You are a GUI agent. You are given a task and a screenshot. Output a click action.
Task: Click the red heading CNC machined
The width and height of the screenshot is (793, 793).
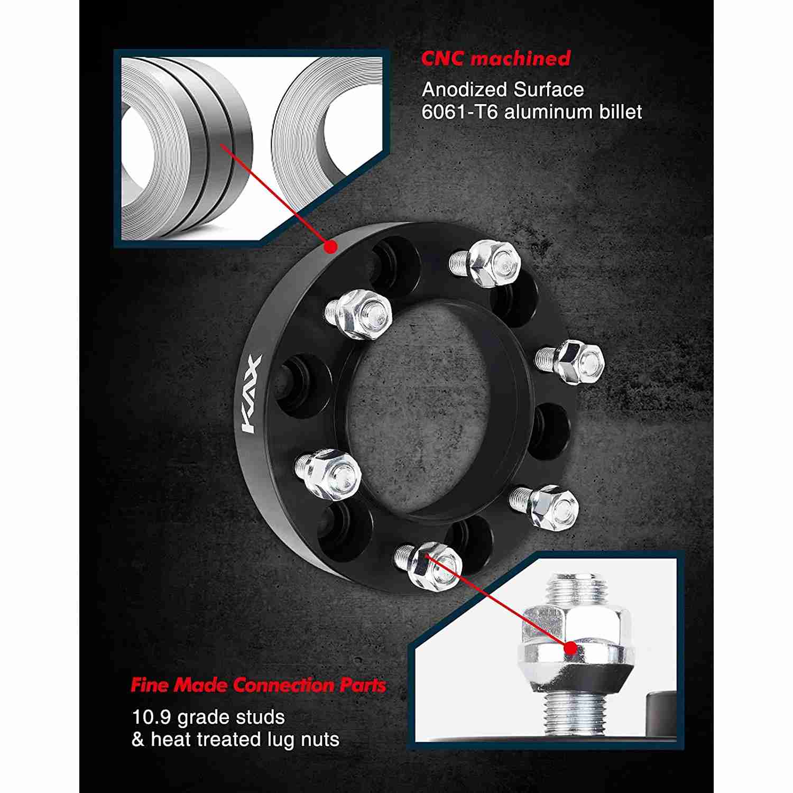tap(496, 58)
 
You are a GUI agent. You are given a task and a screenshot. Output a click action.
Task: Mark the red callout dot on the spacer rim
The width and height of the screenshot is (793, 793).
tap(330, 246)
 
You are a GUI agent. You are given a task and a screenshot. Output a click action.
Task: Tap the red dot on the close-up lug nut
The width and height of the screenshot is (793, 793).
tap(570, 648)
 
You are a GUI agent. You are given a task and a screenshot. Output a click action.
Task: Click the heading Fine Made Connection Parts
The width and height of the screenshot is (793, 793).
tap(259, 686)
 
